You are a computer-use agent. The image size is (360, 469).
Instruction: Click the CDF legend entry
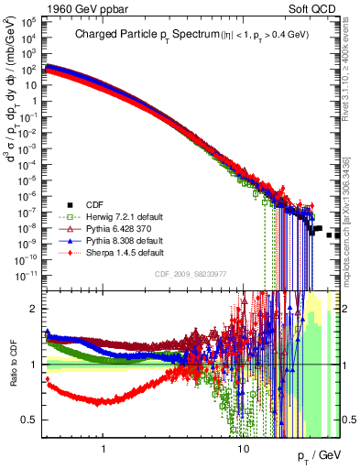(x=94, y=204)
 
